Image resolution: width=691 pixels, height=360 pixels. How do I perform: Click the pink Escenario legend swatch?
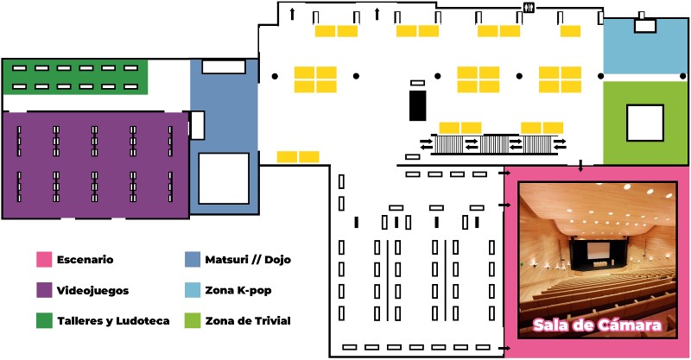point(44,260)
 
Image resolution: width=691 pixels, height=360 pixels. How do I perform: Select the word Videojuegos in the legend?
point(93,291)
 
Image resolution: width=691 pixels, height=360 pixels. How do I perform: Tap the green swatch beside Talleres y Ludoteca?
point(44,321)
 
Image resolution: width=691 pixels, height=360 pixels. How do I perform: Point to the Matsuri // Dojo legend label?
point(248,260)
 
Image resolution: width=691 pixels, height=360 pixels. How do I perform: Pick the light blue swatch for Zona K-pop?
point(193,290)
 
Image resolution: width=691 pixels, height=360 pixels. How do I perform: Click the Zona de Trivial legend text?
point(248,321)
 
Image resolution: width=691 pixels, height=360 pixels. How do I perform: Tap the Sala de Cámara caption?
point(597,325)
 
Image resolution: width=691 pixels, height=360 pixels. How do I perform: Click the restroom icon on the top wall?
point(529,8)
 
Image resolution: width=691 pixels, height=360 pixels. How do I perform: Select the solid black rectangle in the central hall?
point(418,105)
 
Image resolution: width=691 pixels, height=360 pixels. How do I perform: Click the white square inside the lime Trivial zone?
point(645,123)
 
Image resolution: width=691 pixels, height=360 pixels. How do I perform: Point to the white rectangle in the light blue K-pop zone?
point(645,26)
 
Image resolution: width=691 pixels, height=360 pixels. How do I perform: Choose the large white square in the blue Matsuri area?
point(224,179)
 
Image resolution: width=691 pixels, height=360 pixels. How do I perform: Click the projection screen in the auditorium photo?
point(600,251)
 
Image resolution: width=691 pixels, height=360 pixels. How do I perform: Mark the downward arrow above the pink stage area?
point(580,166)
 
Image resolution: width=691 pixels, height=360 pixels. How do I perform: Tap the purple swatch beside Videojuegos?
point(44,290)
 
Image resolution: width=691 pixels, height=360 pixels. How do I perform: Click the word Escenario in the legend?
point(85,260)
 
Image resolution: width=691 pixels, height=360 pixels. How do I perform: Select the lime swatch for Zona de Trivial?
point(193,321)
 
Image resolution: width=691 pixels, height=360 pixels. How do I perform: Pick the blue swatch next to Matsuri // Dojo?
point(193,260)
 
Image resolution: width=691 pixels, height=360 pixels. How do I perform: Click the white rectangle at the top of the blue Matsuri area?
point(224,67)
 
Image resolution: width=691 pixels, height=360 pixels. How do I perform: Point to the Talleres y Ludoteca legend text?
point(113,321)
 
